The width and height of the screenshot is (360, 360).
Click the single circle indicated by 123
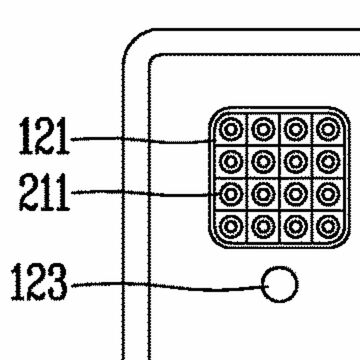pos(280,286)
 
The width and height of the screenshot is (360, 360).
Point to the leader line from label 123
pos(170,289)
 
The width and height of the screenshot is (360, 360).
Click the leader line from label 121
pos(140,140)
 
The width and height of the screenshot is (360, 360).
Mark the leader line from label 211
pos(140,190)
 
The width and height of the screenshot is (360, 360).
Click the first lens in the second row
pos(232,160)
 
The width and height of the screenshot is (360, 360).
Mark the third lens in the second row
pos(296,160)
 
